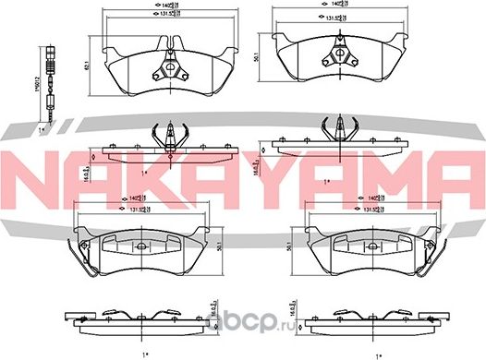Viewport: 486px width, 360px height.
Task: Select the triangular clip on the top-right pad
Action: (x=346, y=53)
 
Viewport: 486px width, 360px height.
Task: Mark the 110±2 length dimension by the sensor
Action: (x=29, y=87)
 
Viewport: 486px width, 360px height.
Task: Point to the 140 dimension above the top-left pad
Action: (x=136, y=6)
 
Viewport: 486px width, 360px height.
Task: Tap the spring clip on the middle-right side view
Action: (x=342, y=127)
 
